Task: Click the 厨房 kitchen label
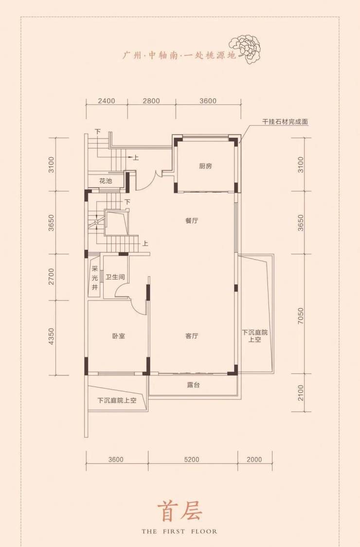(x=205, y=166)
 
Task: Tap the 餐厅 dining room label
(x=192, y=221)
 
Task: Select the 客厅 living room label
(x=192, y=336)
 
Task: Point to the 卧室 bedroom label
(x=119, y=336)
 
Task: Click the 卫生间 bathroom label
(x=115, y=277)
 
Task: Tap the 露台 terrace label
(x=193, y=385)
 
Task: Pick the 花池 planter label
(x=106, y=181)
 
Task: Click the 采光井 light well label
(x=94, y=278)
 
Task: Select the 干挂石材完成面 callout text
(x=285, y=122)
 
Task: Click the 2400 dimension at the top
(x=107, y=101)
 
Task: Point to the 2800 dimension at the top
(x=151, y=101)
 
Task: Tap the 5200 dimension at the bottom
(x=191, y=459)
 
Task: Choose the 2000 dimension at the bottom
(x=254, y=459)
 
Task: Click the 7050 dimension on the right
(x=301, y=316)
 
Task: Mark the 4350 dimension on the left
(x=52, y=336)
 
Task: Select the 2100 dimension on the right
(x=301, y=393)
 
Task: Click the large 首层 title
(x=180, y=512)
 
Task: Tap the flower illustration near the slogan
(x=246, y=49)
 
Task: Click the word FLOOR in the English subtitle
(x=204, y=531)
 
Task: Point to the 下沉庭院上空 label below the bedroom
(x=117, y=401)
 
